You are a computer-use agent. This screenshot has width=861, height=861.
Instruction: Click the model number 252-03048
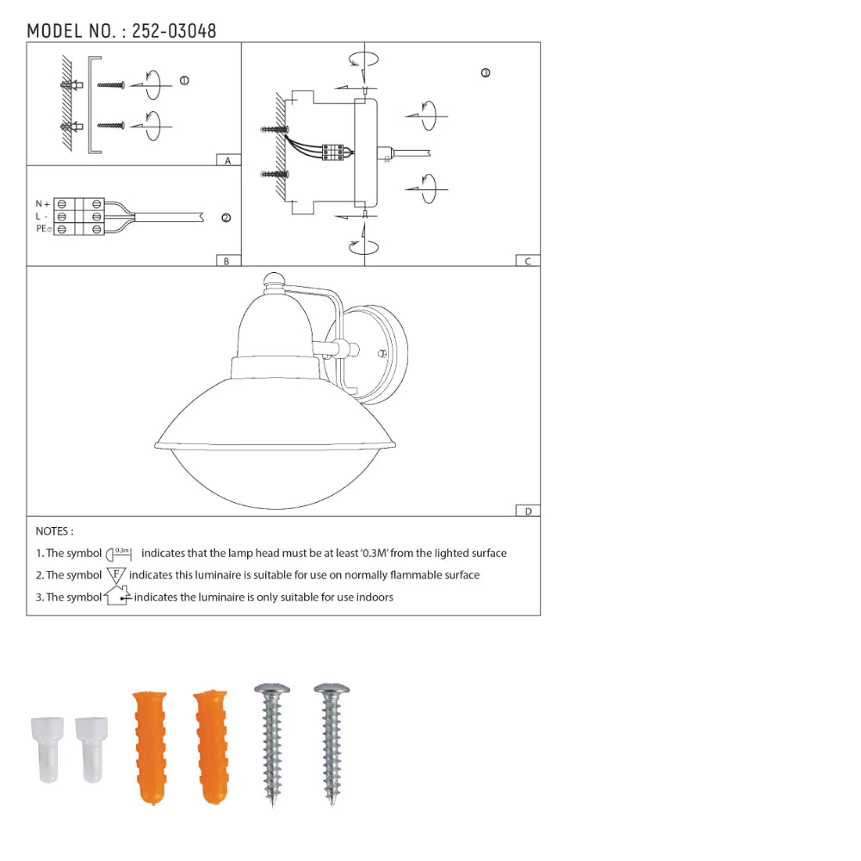click(x=174, y=31)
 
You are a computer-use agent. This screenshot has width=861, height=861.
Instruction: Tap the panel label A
click(x=228, y=160)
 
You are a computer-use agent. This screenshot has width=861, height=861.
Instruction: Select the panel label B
click(x=226, y=262)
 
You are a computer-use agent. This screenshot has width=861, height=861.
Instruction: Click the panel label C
click(x=528, y=262)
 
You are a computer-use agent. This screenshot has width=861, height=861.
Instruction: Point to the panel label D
click(x=529, y=511)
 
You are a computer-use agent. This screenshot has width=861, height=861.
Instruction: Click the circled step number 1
click(x=184, y=81)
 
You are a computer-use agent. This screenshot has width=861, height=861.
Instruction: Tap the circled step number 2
click(x=226, y=218)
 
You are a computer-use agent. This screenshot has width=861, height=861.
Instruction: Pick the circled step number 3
click(x=486, y=72)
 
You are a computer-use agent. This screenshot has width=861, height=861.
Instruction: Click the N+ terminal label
click(x=43, y=204)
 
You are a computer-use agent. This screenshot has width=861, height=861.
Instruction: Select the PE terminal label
click(x=44, y=228)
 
